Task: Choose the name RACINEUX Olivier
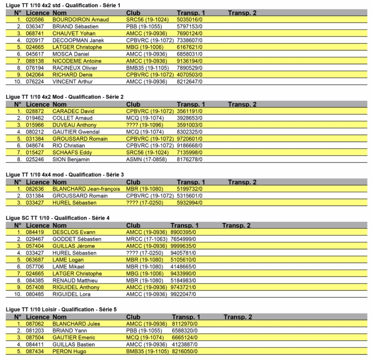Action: tap(75, 67)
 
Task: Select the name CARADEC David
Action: tap(74, 111)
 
